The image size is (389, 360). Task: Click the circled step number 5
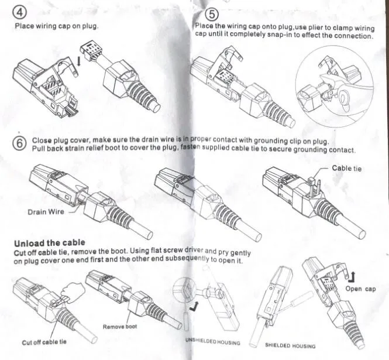pyautogui.click(x=211, y=15)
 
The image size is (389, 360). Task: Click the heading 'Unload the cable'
pyautogui.click(x=49, y=242)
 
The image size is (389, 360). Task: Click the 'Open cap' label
pyautogui.click(x=360, y=289)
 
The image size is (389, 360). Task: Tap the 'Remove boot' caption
pyautogui.click(x=121, y=327)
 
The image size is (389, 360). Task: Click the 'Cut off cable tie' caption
pyautogui.click(x=44, y=342)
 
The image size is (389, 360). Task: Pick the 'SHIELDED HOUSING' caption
pyautogui.click(x=290, y=346)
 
